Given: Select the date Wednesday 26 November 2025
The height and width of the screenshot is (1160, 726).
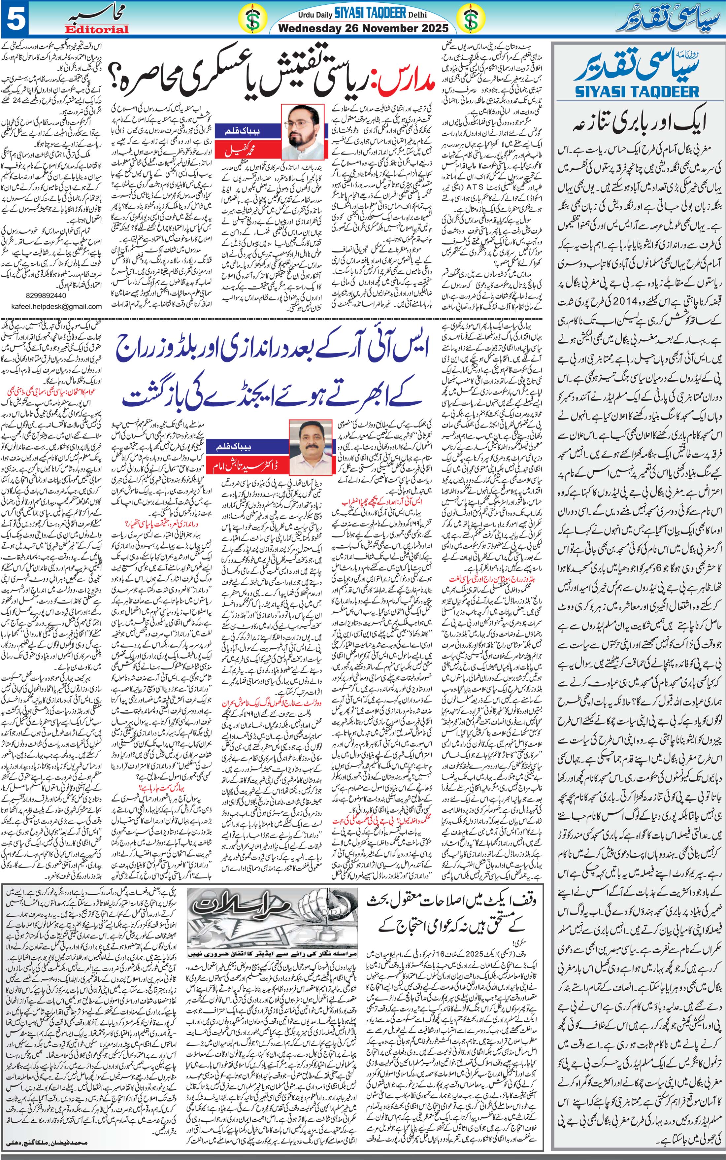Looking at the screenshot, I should pyautogui.click(x=363, y=28).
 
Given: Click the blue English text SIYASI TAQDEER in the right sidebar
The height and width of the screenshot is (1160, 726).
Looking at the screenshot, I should pyautogui.click(x=637, y=91).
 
